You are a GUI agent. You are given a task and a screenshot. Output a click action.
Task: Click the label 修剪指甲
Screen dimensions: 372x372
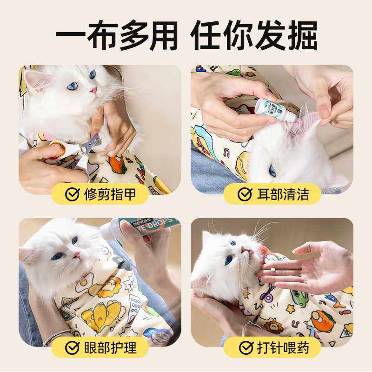(x=110, y=194)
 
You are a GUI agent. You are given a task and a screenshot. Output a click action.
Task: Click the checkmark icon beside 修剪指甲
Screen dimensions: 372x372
(x=72, y=194)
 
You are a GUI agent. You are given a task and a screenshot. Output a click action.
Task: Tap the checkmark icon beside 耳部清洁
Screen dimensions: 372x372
(x=245, y=194)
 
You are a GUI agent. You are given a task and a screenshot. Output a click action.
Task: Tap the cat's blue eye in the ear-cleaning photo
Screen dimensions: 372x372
(x=272, y=171)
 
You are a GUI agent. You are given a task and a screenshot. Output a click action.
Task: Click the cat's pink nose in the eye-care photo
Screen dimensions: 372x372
(x=76, y=255)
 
